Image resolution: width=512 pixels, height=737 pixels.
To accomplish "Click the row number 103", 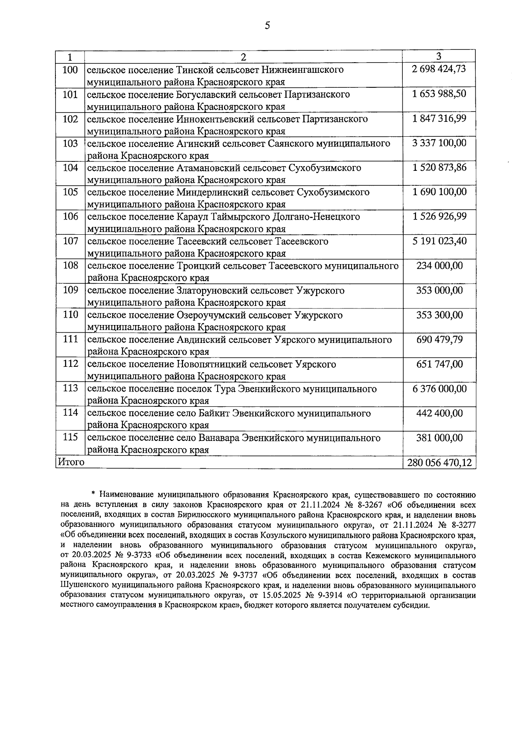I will point(70,144).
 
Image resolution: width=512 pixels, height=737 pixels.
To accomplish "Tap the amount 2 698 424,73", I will point(439,69).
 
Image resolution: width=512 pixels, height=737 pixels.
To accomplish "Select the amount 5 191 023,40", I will point(439,241).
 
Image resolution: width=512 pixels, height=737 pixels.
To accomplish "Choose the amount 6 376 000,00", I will point(439,389).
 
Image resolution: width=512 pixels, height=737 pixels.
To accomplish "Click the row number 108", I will point(70,266).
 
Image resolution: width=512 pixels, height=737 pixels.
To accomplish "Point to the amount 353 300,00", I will point(439,315).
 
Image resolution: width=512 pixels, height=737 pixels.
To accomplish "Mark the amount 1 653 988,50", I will point(439,94).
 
